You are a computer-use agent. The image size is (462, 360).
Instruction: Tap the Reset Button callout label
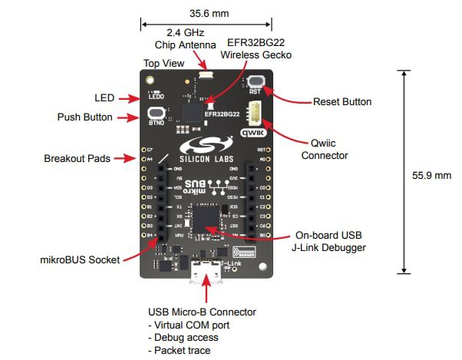pos(342,101)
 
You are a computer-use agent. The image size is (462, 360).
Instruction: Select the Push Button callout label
pos(84,117)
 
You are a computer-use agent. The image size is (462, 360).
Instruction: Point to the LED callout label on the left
pos(104,97)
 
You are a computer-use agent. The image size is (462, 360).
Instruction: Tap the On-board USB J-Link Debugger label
pos(331,241)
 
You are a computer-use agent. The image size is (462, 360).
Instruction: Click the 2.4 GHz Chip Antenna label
pos(179,38)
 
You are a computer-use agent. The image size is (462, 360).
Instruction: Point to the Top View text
pos(162,62)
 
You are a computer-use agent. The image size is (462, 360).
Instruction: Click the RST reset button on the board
pos(256,81)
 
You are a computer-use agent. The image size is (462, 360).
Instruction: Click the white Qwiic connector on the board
pos(254,112)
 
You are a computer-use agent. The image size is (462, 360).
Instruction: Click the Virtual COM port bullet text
pos(189,325)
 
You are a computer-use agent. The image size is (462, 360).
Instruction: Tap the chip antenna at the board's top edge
pos(206,75)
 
